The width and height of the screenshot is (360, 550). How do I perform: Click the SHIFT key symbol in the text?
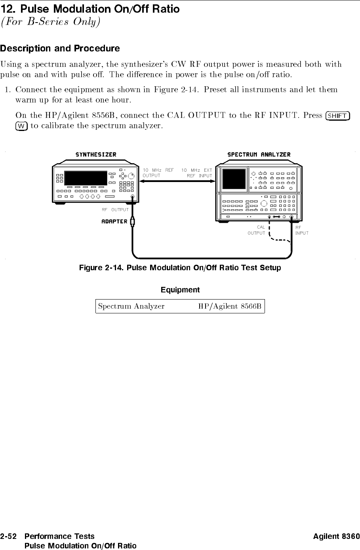point(337,116)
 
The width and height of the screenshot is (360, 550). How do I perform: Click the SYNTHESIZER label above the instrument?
point(96,155)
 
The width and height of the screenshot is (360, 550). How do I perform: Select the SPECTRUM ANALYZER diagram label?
point(259,155)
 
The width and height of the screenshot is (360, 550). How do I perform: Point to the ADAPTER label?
point(114,221)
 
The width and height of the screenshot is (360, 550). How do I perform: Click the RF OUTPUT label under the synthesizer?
point(115,210)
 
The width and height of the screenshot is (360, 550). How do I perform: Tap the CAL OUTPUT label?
point(257,230)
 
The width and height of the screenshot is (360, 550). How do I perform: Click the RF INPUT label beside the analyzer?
point(302,230)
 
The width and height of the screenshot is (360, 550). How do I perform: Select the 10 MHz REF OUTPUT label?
point(158,173)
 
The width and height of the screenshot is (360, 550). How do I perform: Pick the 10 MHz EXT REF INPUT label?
point(197,173)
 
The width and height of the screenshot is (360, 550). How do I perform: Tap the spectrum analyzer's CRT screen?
point(234,178)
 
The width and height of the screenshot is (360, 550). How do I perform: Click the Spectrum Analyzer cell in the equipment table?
point(131,306)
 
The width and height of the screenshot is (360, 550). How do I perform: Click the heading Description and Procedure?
point(60,49)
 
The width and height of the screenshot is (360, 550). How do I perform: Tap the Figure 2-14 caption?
point(180,268)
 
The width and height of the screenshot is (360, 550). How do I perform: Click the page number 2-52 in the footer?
point(9,537)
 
